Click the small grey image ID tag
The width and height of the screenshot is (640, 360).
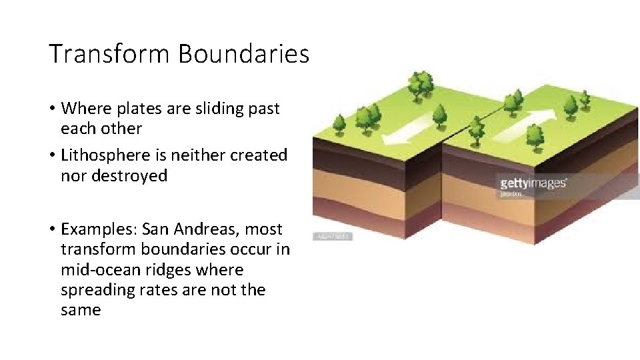[x=333, y=237]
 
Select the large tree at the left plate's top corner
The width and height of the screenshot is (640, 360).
[x=420, y=85]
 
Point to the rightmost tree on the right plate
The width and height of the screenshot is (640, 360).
[x=585, y=99]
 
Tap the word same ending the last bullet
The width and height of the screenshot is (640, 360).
[x=80, y=310]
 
